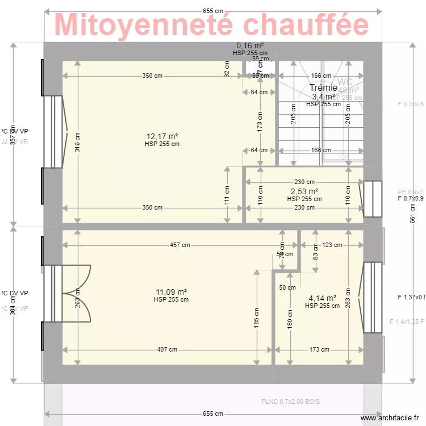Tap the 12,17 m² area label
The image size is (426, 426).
point(162,136)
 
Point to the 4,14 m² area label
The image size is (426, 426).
point(322,298)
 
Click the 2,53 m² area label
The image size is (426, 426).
point(304,191)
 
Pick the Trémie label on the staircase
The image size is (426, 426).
point(323,87)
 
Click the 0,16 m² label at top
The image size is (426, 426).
point(250,45)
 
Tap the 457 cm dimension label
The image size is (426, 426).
point(179,245)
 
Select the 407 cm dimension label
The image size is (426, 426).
point(166,350)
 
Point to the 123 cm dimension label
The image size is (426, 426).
point(332,245)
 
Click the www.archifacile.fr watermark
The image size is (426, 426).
point(392,418)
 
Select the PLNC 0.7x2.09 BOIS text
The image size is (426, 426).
point(290,402)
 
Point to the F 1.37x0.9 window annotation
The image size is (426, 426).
point(411,297)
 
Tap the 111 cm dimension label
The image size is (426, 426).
point(227,195)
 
